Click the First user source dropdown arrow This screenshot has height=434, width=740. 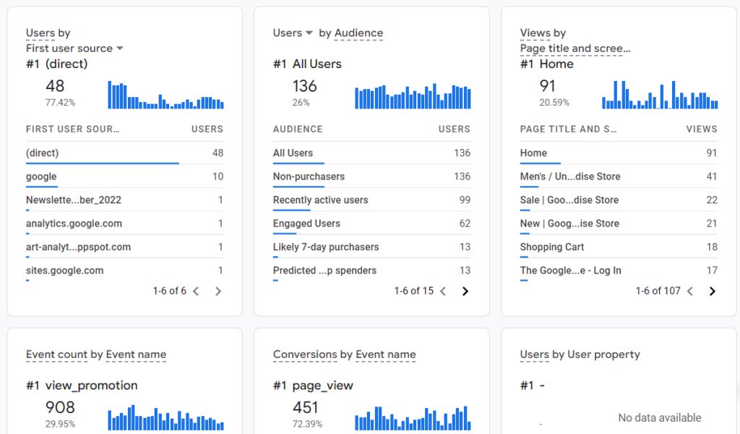tap(120, 48)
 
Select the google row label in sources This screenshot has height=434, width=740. tap(41, 176)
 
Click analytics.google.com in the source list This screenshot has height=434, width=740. tap(74, 224)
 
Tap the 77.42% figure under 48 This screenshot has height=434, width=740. tap(60, 103)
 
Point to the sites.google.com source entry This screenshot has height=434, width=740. tap(64, 271)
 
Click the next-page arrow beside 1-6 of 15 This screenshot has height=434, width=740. tap(465, 292)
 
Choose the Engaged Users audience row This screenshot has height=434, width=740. tap(306, 224)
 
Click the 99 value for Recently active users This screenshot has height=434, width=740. tap(464, 200)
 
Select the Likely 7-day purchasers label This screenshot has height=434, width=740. tap(326, 247)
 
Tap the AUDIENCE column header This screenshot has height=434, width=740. tap(298, 129)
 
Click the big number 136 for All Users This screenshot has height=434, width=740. tap(304, 86)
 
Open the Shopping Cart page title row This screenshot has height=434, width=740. tap(552, 247)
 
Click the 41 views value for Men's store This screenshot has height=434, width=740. tap(712, 176)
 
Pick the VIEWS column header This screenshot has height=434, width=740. tap(702, 129)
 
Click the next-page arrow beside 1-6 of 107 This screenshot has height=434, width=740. tap(713, 292)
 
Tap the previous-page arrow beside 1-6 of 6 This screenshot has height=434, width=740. tap(196, 292)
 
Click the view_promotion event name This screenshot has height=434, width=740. tap(91, 386)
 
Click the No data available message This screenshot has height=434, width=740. tap(659, 418)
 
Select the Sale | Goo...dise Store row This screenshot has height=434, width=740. tap(569, 200)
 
